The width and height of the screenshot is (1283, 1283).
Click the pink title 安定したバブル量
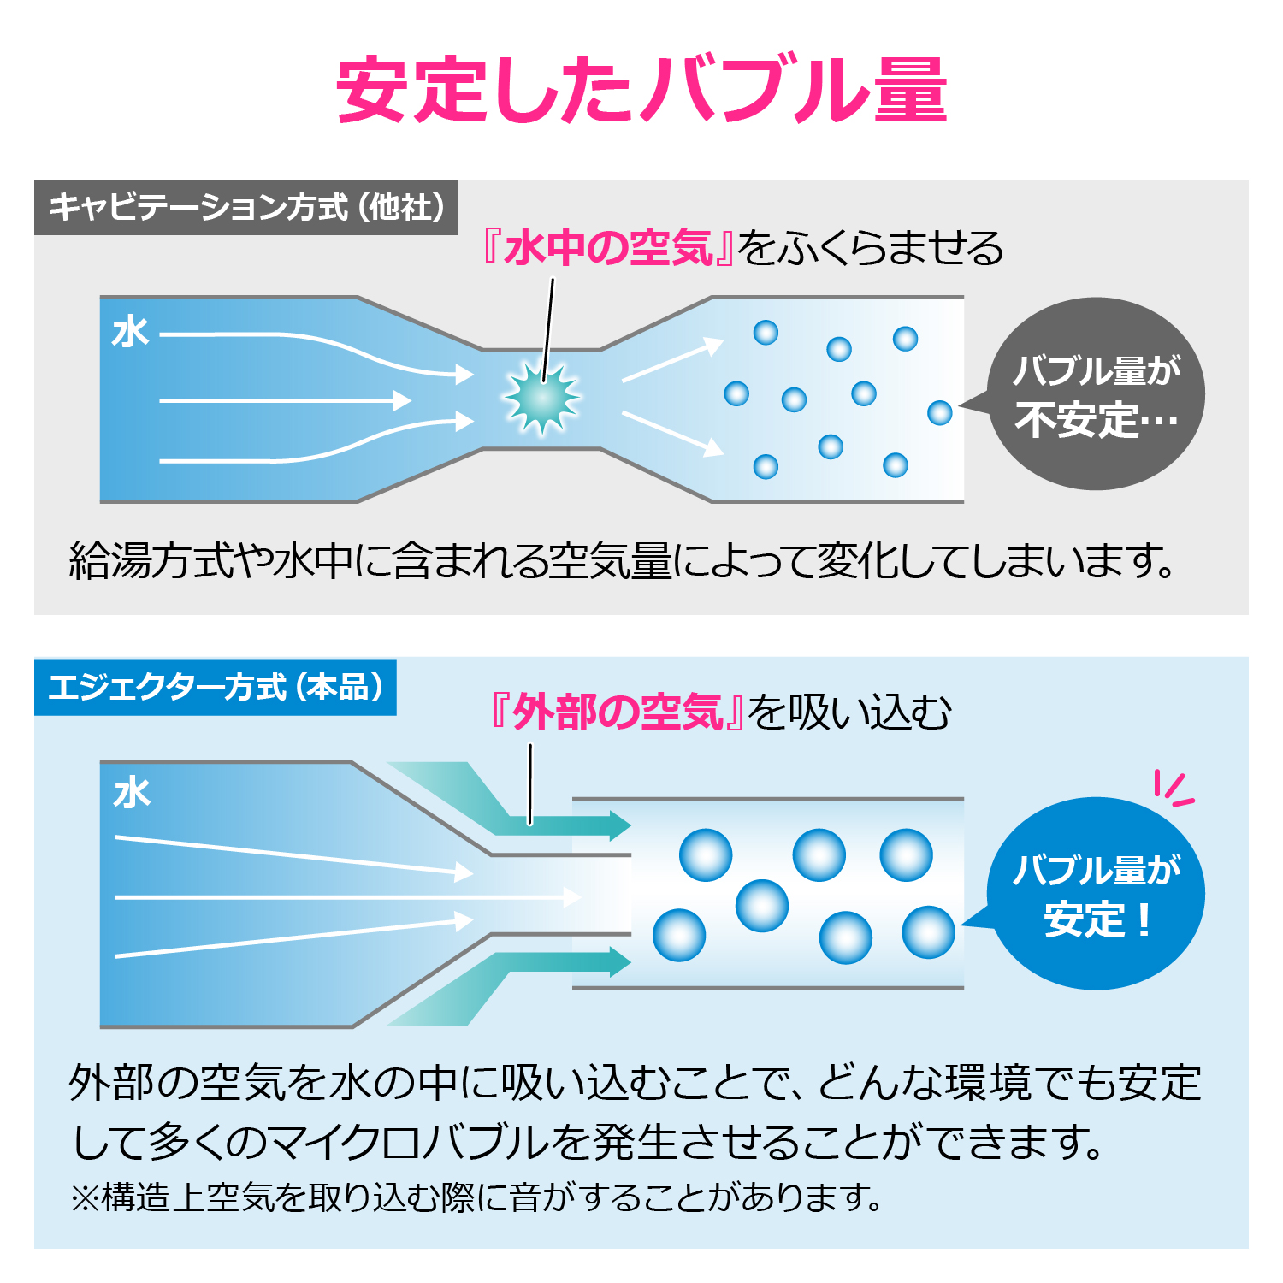[x=641, y=90]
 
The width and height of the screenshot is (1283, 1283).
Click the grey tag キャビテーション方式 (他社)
[x=246, y=207]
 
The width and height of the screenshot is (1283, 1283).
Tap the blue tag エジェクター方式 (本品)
[x=216, y=688]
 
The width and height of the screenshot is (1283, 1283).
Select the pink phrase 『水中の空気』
[x=607, y=248]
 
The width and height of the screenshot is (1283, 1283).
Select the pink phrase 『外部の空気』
[x=618, y=712]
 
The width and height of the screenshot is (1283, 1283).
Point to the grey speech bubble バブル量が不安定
[x=1095, y=394]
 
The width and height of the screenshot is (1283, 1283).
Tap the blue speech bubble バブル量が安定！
[x=1095, y=894]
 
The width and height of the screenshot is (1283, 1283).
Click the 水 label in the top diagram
[x=131, y=332]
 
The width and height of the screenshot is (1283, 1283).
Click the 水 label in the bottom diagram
[x=133, y=793]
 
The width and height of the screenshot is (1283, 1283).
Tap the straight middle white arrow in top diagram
[x=286, y=400]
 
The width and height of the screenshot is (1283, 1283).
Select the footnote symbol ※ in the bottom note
[x=85, y=1198]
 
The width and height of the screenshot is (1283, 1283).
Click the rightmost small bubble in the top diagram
[x=940, y=413]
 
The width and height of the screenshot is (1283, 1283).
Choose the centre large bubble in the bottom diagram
[x=761, y=906]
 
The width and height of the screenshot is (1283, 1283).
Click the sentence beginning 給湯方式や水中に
[x=623, y=561]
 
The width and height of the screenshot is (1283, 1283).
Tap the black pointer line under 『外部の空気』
[x=530, y=783]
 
